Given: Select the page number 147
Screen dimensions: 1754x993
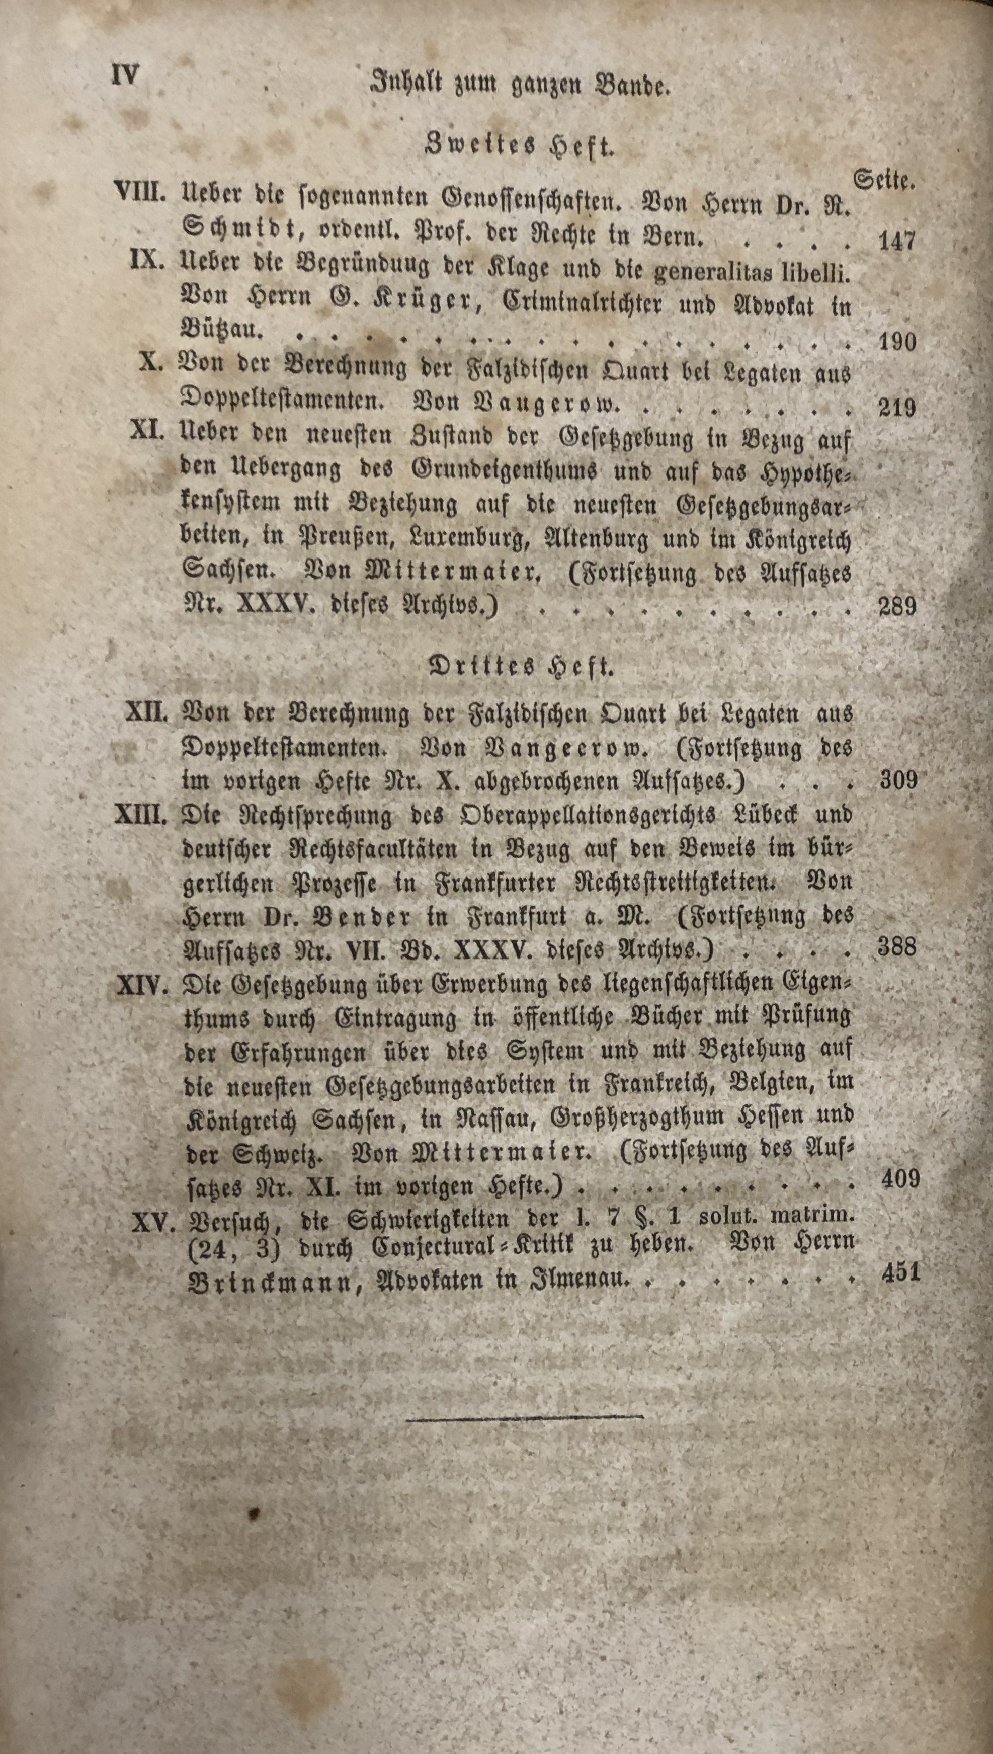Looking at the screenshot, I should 896,241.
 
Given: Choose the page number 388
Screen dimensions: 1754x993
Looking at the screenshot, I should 897,946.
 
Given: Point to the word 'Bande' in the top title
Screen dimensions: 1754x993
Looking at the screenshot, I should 629,85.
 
